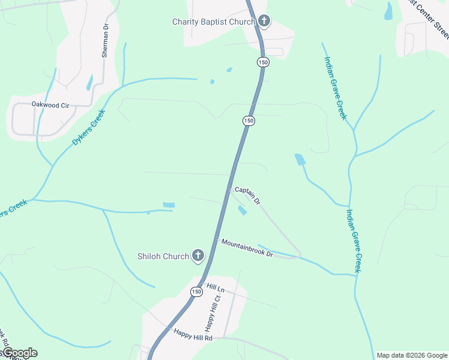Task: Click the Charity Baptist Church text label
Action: pyautogui.click(x=214, y=22)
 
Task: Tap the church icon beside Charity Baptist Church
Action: pyautogui.click(x=264, y=22)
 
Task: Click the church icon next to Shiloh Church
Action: pyautogui.click(x=197, y=256)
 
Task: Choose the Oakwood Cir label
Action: pyautogui.click(x=50, y=105)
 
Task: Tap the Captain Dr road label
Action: pyautogui.click(x=247, y=196)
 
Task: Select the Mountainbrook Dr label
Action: pyautogui.click(x=247, y=248)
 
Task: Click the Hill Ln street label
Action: pyautogui.click(x=214, y=288)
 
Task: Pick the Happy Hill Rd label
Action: pyautogui.click(x=193, y=334)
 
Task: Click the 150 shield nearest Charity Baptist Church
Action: pyautogui.click(x=262, y=62)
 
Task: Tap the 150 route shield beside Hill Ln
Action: pyautogui.click(x=196, y=292)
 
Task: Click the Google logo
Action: pyautogui.click(x=19, y=353)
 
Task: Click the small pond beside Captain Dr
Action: pyautogui.click(x=242, y=211)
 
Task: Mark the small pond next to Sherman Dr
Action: pyautogui.click(x=89, y=82)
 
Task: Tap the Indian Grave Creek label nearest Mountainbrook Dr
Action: pyautogui.click(x=353, y=240)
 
